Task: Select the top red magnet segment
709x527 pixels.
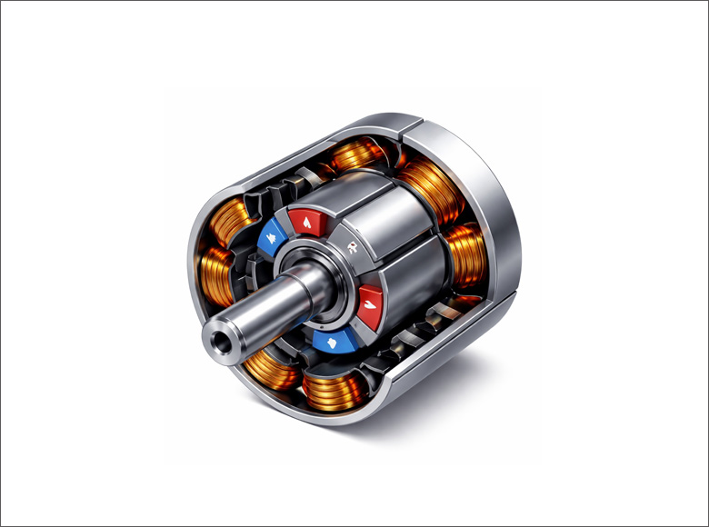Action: pos(311,220)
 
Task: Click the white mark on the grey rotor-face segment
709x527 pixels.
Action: pos(351,244)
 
